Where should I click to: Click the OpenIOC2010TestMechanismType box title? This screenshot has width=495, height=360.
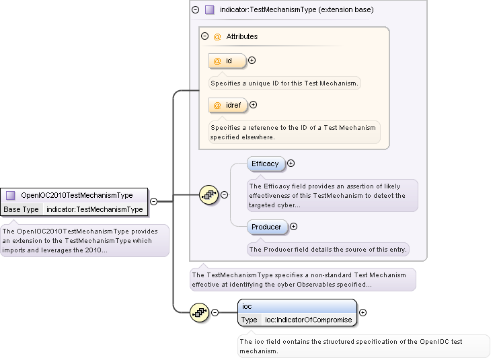pyautogui.click(x=77, y=195)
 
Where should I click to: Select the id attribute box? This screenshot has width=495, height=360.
pyautogui.click(x=227, y=61)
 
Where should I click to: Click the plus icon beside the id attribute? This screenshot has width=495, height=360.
pyautogui.click(x=252, y=61)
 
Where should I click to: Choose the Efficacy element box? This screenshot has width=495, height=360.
pyautogui.click(x=266, y=164)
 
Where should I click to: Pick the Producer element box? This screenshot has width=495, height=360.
pyautogui.click(x=267, y=227)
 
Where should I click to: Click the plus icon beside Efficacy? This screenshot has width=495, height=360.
pyautogui.click(x=291, y=164)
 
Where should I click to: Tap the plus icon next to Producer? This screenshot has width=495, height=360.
pyautogui.click(x=293, y=227)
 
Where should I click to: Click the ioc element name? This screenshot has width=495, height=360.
pyautogui.click(x=247, y=306)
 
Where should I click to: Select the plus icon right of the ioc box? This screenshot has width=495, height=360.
pyautogui.click(x=363, y=312)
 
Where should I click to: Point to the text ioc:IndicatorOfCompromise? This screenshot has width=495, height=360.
pyautogui.click(x=308, y=320)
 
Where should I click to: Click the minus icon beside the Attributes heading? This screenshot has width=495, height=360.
pyautogui.click(x=205, y=36)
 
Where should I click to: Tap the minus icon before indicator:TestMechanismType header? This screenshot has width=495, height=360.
pyautogui.click(x=195, y=10)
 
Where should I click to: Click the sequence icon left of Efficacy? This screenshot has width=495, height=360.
pyautogui.click(x=208, y=195)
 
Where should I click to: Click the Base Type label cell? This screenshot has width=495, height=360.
pyautogui.click(x=22, y=209)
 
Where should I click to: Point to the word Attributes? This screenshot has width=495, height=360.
pyautogui.click(x=241, y=36)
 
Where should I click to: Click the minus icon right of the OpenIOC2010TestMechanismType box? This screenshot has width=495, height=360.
pyautogui.click(x=153, y=201)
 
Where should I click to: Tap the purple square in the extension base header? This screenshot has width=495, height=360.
pyautogui.click(x=209, y=10)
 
